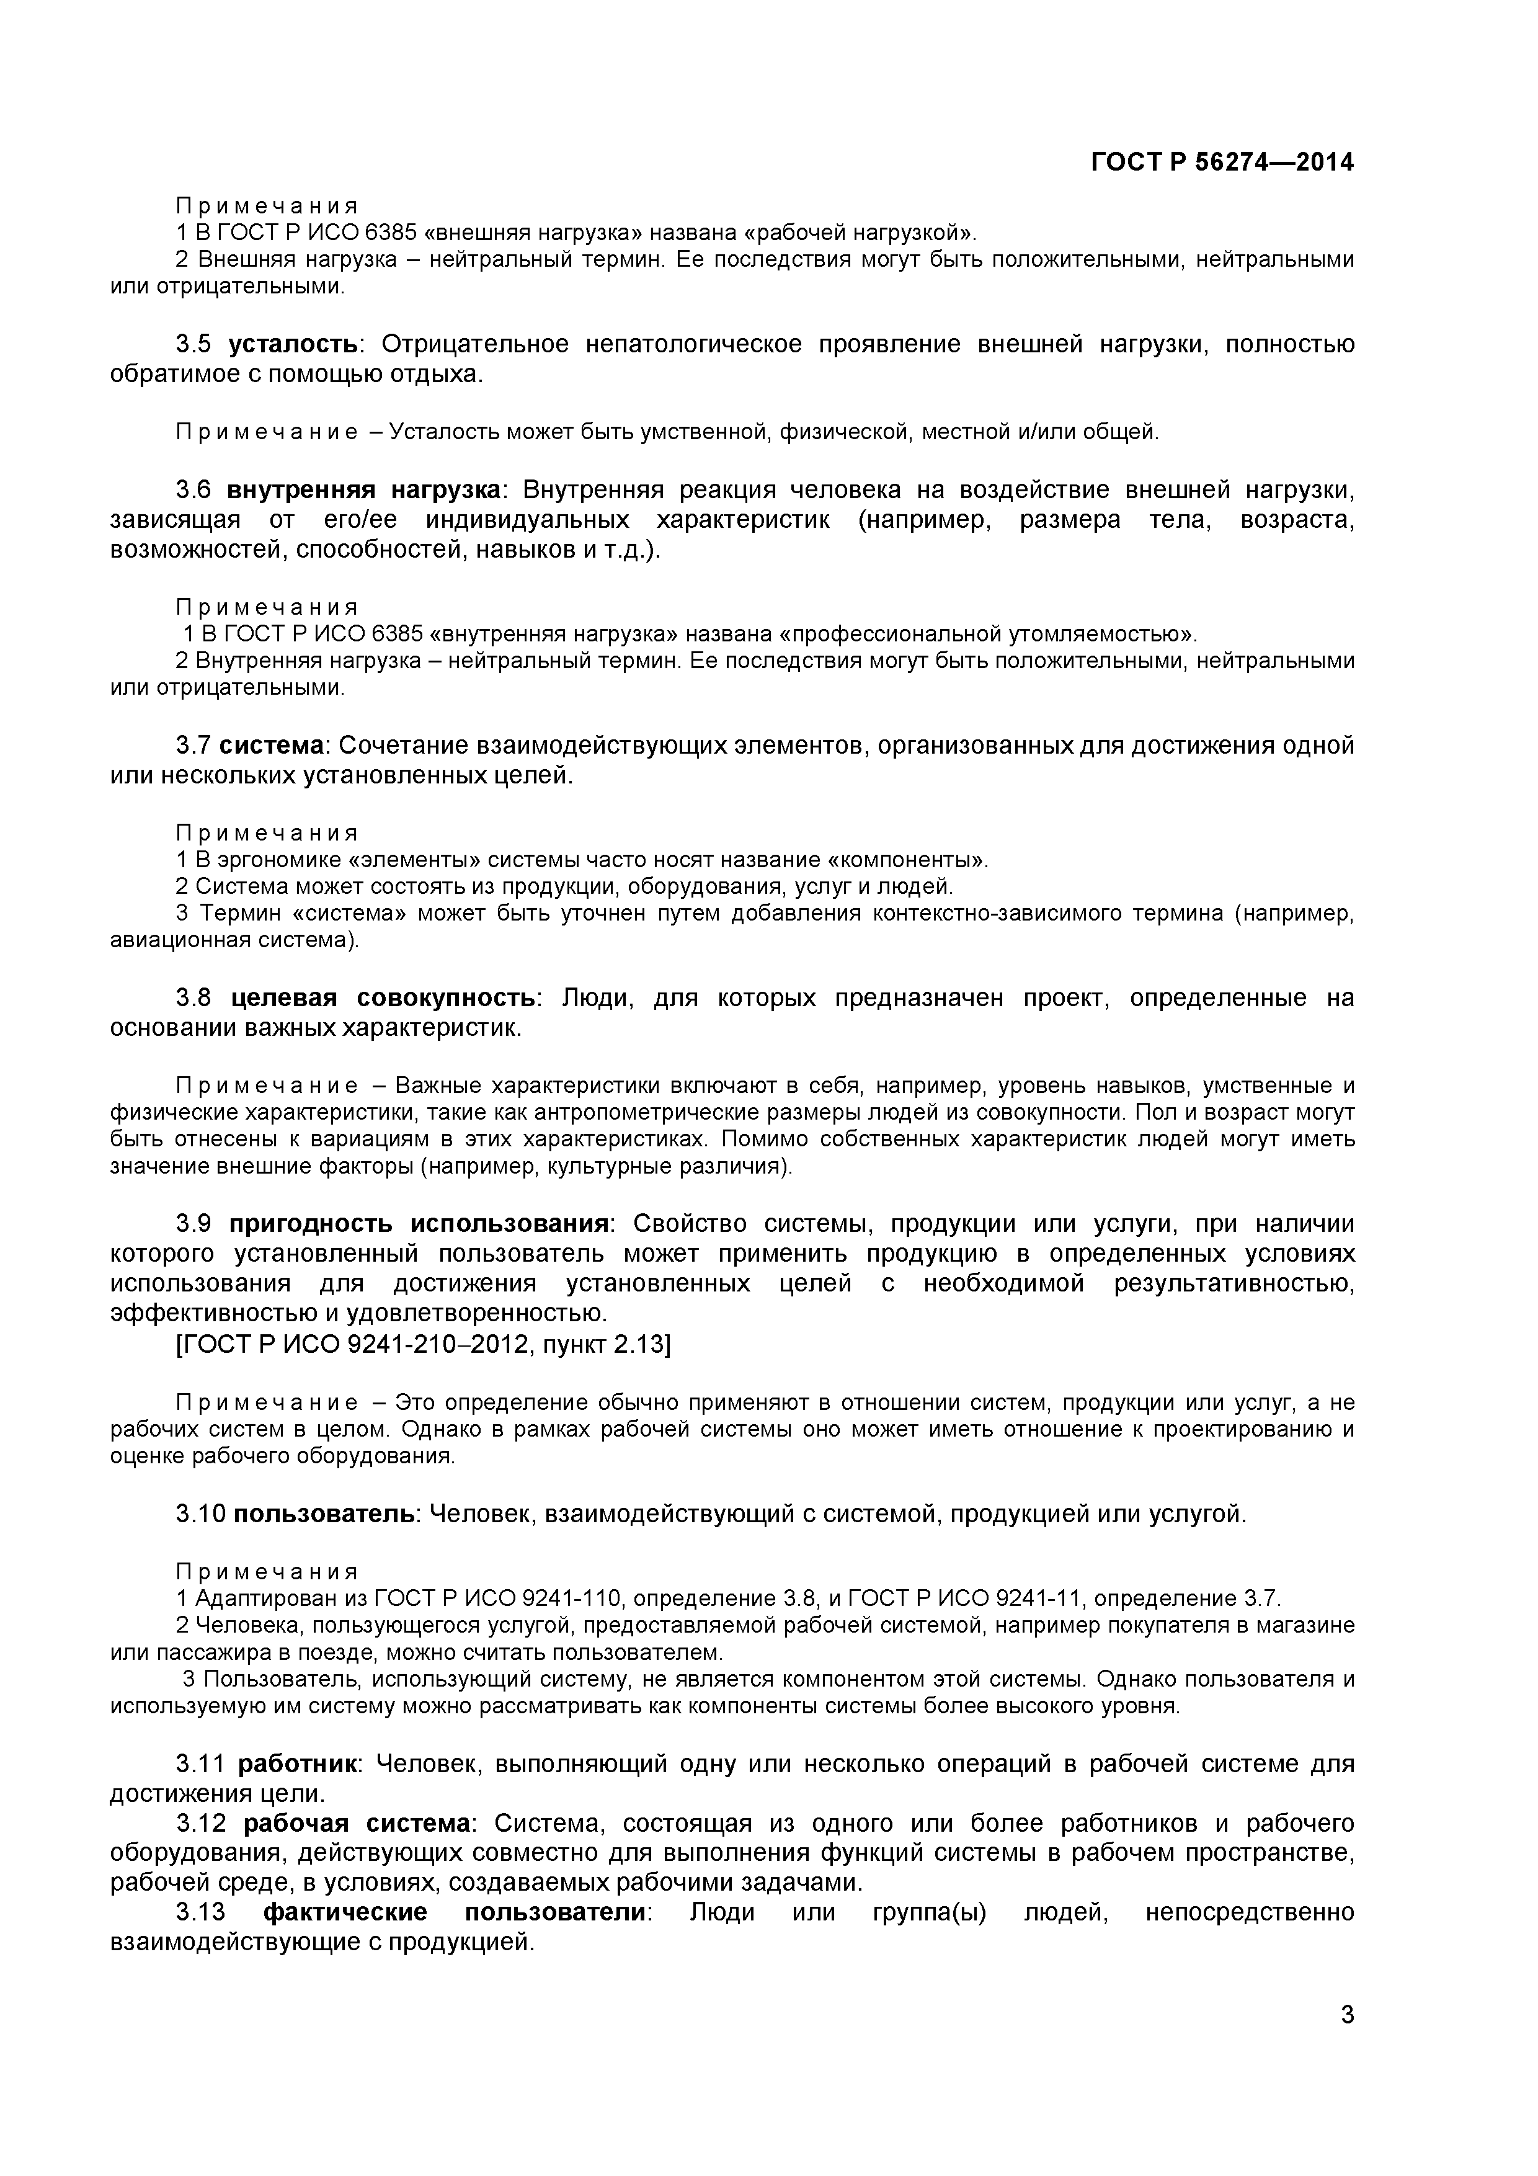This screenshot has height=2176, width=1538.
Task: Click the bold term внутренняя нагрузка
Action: point(364,490)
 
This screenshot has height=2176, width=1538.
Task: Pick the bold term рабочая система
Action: point(357,1824)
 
